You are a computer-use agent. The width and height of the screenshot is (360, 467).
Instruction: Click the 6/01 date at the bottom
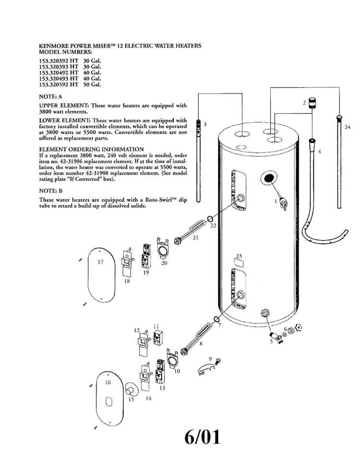point(203,437)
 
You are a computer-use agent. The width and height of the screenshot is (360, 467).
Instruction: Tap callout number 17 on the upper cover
point(101,262)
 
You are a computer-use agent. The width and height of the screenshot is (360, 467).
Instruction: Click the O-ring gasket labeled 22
point(210,219)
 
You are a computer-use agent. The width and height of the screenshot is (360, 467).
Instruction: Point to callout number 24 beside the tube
point(347,127)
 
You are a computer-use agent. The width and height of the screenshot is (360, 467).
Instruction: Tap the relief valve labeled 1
point(282,203)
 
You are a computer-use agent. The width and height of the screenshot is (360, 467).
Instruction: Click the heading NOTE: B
point(50,191)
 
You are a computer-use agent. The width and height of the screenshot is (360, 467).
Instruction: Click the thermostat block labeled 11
point(157,338)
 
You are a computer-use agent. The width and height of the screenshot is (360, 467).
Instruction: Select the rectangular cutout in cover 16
point(109,401)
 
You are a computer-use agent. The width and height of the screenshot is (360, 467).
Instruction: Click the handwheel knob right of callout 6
point(298,328)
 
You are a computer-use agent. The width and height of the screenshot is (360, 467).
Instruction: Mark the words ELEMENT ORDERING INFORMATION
point(91,149)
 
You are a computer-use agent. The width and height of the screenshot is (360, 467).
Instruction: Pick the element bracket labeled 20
point(162,248)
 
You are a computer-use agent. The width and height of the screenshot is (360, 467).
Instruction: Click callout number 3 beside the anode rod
point(205,124)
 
